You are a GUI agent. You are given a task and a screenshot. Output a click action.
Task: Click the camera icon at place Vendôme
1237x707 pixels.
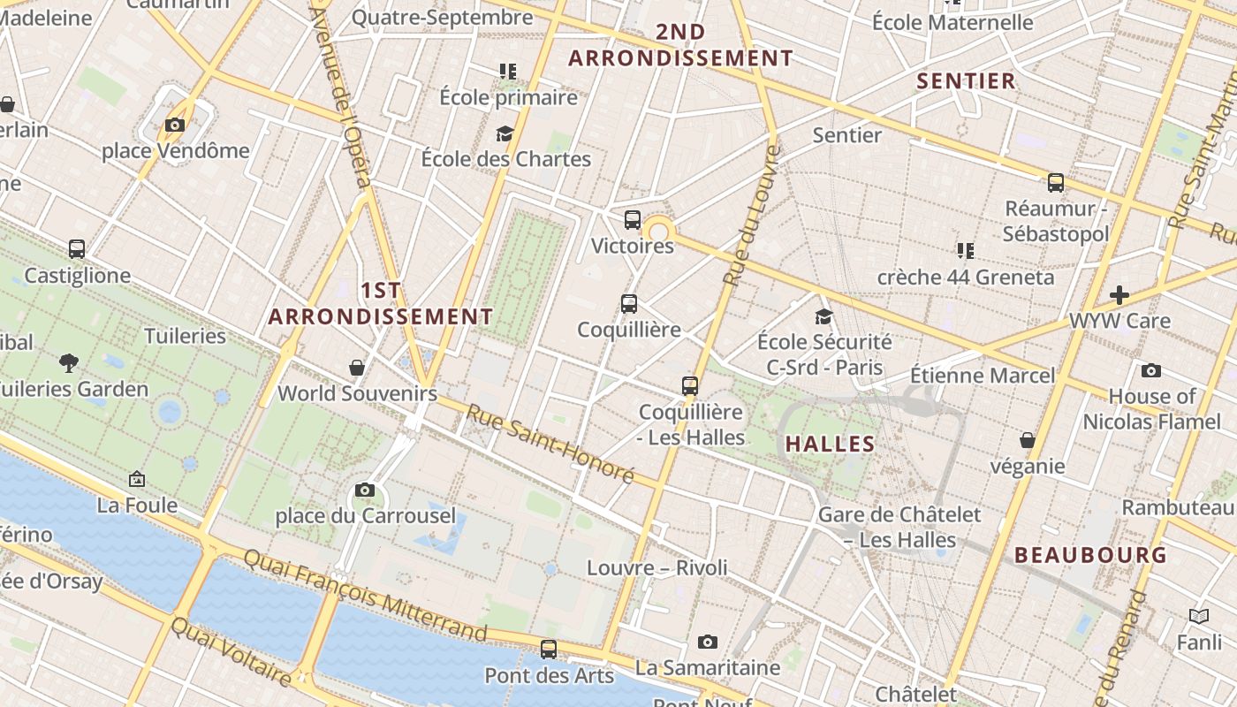pos(175,125)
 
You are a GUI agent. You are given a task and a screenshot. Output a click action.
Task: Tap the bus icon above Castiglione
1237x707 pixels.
pos(77,249)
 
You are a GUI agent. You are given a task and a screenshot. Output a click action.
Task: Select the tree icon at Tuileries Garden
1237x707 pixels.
pos(69,362)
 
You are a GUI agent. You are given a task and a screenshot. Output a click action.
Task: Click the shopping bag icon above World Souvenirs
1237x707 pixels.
pos(357,367)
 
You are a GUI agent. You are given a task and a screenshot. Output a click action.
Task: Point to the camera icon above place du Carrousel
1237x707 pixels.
pos(364,490)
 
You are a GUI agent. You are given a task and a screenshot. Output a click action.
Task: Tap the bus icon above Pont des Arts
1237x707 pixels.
pos(549,650)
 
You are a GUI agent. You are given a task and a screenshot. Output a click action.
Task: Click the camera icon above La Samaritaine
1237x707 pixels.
pos(707,642)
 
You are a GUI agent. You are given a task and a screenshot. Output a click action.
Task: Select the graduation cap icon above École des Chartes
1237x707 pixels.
pos(505,133)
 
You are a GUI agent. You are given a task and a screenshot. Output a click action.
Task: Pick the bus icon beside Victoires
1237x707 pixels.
pos(633,220)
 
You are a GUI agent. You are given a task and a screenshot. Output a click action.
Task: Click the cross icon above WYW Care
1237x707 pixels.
pos(1119,294)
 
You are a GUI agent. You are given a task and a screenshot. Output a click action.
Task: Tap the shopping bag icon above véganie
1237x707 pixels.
pos(1028,440)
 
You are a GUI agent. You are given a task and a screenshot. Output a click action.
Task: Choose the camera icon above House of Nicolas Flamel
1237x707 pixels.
pos(1150,370)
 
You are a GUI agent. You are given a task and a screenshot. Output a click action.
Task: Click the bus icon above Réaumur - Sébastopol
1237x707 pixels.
pos(1056,183)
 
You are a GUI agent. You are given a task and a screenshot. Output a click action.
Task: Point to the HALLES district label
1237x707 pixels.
pos(831,444)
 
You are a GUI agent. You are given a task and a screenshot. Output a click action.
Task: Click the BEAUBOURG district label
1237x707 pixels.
pos(1091,555)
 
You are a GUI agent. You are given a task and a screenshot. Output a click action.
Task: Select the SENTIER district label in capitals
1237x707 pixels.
pos(966,81)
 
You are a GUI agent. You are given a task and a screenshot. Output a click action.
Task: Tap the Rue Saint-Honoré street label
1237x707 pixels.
pos(550,443)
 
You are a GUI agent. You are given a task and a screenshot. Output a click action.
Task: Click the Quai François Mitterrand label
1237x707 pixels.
pos(365,595)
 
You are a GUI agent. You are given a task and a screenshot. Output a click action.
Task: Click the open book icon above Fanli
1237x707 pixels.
pos(1199,616)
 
